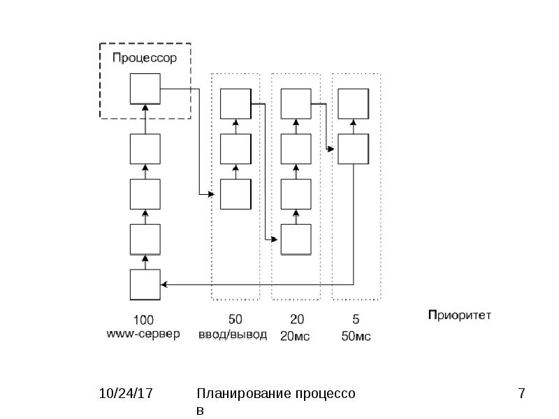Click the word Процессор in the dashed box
145,58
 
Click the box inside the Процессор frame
145,89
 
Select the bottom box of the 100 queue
145,285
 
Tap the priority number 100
143,320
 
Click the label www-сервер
143,335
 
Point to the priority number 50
235,319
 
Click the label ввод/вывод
233,335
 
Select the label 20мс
295,336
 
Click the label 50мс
356,336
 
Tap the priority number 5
356,319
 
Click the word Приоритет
460,316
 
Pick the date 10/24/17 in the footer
126,393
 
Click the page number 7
521,393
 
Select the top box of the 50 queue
235,103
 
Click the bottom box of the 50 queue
235,194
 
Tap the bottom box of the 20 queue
296,240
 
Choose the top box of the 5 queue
354,103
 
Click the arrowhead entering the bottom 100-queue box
164,284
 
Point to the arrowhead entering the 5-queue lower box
331,149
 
